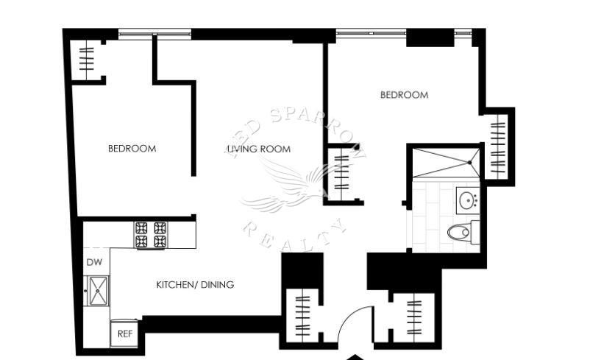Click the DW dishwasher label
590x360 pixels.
pos(93,262)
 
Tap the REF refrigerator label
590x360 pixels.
pos(126,333)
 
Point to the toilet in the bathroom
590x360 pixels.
pos(460,232)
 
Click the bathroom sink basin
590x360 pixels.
pos(468,200)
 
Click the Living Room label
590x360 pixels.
pos(258,149)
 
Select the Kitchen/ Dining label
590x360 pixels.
pos(195,284)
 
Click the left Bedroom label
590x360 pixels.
pos(132,148)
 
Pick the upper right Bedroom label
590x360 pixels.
pos(404,95)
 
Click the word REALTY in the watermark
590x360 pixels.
pos(294,234)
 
